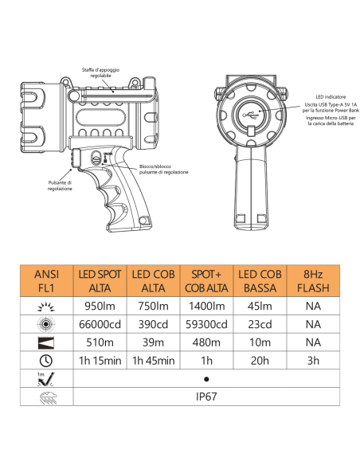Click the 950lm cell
tap(100, 306)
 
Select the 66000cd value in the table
tap(100, 324)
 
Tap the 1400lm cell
tap(207, 306)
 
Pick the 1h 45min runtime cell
tap(153, 361)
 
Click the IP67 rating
tap(206, 397)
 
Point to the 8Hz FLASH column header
tap(313, 281)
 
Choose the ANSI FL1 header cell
tap(46, 281)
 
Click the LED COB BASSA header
tap(260, 281)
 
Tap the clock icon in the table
tap(46, 361)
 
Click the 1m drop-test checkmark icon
tap(46, 379)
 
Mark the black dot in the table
tap(206, 379)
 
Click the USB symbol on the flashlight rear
tap(250, 115)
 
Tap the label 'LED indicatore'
tap(331, 96)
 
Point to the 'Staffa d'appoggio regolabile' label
tap(100, 72)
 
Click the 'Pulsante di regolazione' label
tap(60, 186)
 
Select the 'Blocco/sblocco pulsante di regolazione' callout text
tap(164, 170)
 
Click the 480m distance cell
tap(206, 342)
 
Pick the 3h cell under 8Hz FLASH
tap(313, 361)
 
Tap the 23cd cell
tap(260, 324)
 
